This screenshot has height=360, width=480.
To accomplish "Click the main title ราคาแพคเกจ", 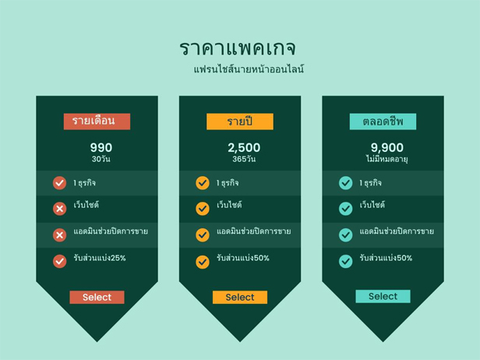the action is pyautogui.click(x=238, y=48).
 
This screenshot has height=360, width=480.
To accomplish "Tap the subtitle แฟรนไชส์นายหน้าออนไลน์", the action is pyautogui.click(x=249, y=69).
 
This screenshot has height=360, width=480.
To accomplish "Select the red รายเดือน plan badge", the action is pyautogui.click(x=97, y=122).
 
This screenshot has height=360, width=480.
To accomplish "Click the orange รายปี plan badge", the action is pyautogui.click(x=240, y=122).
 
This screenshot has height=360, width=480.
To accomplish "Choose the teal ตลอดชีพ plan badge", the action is pyautogui.click(x=383, y=122).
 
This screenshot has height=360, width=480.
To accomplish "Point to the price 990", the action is pyautogui.click(x=101, y=147).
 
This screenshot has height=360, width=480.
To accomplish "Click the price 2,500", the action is pyautogui.click(x=244, y=147).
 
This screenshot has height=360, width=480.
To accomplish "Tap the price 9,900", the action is pyautogui.click(x=387, y=147).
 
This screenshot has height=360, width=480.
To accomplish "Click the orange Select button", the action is pyautogui.click(x=240, y=297).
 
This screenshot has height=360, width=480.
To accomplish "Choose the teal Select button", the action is pyautogui.click(x=383, y=296).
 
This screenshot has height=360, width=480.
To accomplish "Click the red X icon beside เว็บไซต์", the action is pyautogui.click(x=60, y=209).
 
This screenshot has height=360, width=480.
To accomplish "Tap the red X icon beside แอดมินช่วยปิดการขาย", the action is pyautogui.click(x=60, y=235).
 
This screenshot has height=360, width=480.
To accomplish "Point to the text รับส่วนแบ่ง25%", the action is pyautogui.click(x=100, y=258).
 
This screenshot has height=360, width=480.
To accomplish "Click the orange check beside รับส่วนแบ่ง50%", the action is pyautogui.click(x=203, y=262).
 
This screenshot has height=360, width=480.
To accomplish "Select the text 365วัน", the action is pyautogui.click(x=244, y=159).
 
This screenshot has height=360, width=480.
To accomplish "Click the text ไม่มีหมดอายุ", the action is pyautogui.click(x=387, y=159).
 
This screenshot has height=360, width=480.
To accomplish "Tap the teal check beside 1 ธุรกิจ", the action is pyautogui.click(x=346, y=183).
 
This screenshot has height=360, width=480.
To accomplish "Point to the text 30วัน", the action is pyautogui.click(x=101, y=159).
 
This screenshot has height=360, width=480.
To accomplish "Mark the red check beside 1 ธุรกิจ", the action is pyautogui.click(x=60, y=183).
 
